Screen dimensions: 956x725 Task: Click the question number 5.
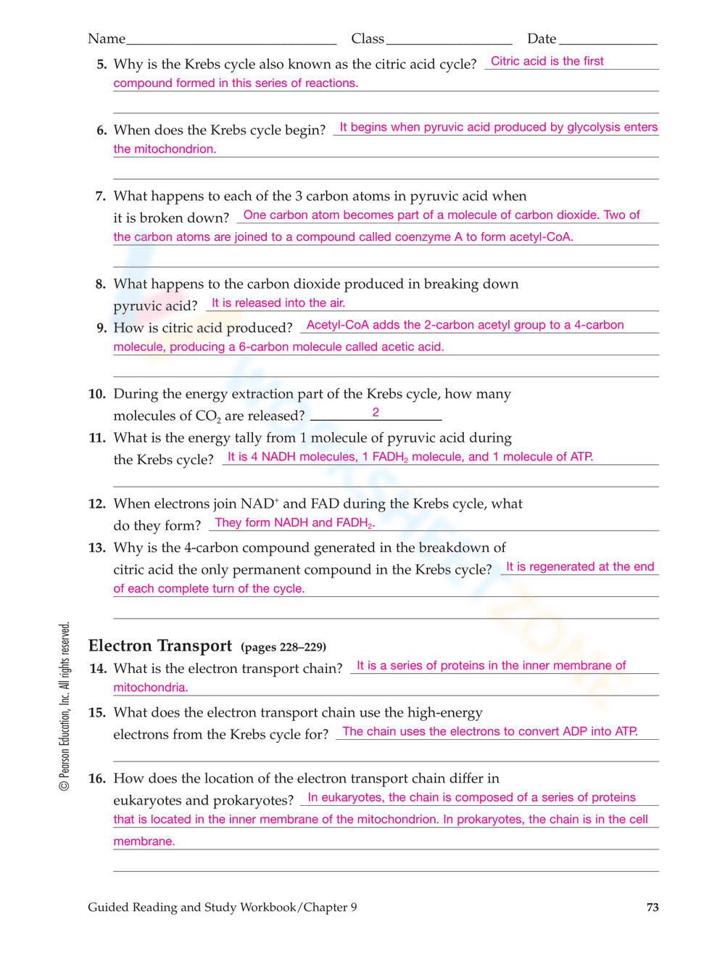click(101, 65)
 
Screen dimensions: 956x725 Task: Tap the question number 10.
click(97, 394)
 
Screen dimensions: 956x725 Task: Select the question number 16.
click(97, 779)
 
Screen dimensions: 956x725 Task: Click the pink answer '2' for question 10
click(376, 412)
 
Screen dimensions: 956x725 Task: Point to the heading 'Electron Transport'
click(160, 646)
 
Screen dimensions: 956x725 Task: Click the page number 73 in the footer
click(652, 907)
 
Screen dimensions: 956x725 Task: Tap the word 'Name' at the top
click(107, 39)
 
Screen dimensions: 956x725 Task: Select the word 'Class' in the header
click(368, 39)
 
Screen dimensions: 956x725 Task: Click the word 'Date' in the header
click(542, 39)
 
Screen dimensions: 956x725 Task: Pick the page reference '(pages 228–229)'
click(283, 647)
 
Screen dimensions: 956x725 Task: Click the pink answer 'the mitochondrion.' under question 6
click(165, 149)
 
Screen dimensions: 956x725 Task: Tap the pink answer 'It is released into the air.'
click(278, 302)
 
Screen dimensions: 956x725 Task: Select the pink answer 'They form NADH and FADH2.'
click(295, 523)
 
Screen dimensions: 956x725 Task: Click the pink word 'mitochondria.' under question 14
click(151, 687)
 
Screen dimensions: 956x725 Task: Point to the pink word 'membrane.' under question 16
click(144, 841)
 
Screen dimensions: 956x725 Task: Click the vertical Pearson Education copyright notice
click(65, 706)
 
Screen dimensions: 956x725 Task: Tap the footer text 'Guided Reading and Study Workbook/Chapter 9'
click(223, 907)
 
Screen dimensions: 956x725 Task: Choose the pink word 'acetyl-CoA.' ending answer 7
click(542, 236)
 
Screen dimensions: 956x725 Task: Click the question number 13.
click(97, 548)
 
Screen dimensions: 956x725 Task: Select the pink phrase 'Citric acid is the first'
click(547, 61)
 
